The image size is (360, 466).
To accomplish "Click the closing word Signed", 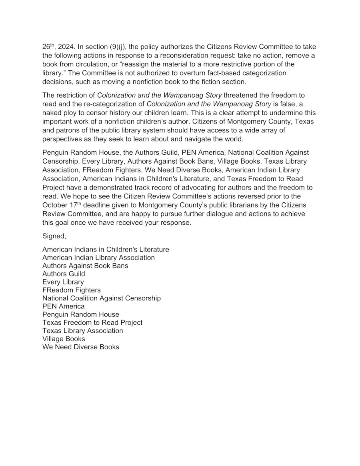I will (x=54, y=236).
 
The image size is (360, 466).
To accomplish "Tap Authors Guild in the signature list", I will (x=64, y=274).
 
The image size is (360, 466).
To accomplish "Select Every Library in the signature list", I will (x=63, y=282).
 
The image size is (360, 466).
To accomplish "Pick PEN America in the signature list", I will (x=64, y=306).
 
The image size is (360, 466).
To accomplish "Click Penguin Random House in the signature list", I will (x=81, y=314).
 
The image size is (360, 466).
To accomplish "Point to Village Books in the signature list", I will (x=64, y=339).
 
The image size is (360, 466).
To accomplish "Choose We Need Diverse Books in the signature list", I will (x=81, y=347).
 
